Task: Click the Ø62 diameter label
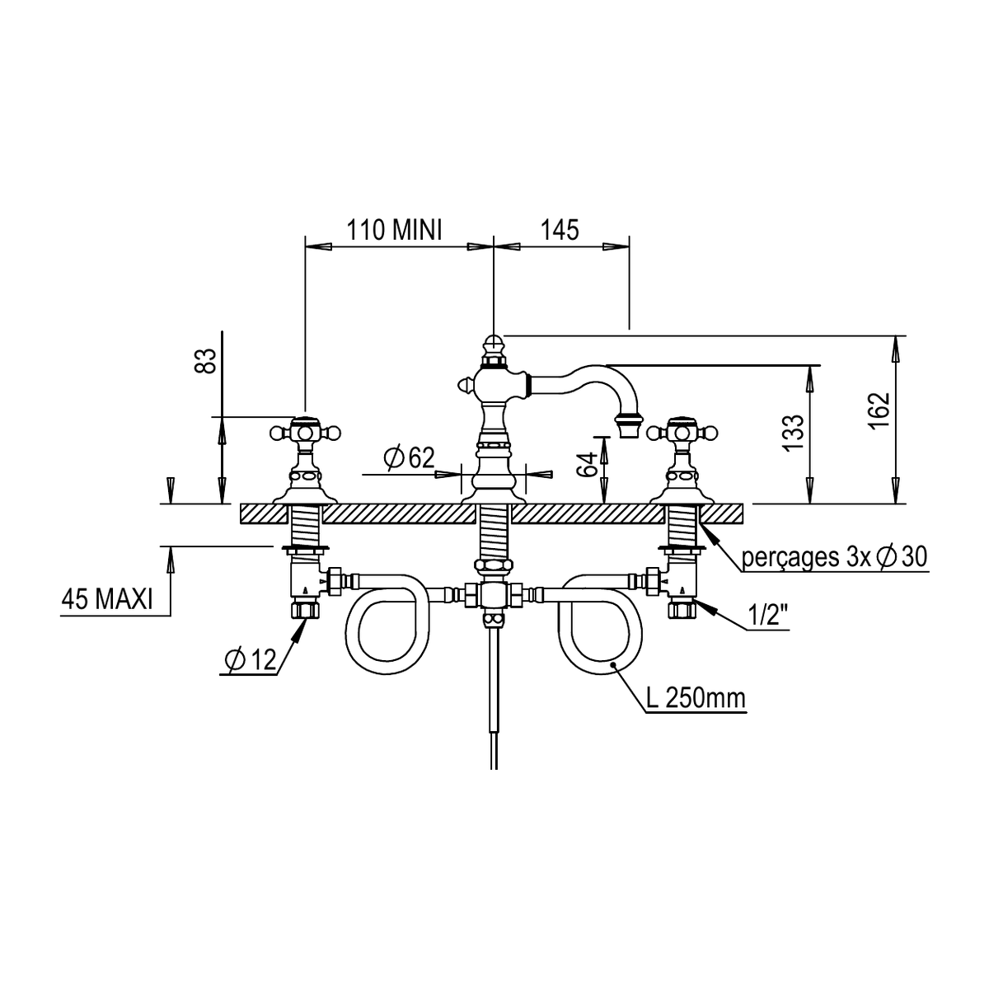[410, 457]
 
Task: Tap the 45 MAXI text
[107, 598]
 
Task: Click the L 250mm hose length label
[696, 698]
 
